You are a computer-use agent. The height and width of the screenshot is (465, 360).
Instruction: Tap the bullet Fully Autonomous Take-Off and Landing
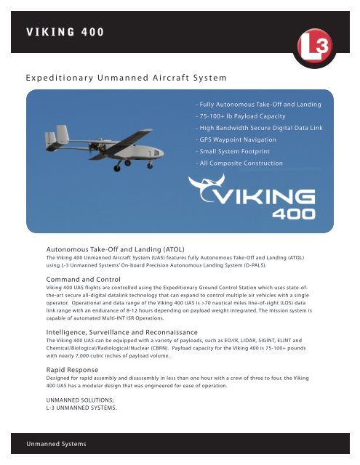[x=258, y=105]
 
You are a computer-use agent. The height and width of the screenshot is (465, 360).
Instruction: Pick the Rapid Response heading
[x=73, y=370]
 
